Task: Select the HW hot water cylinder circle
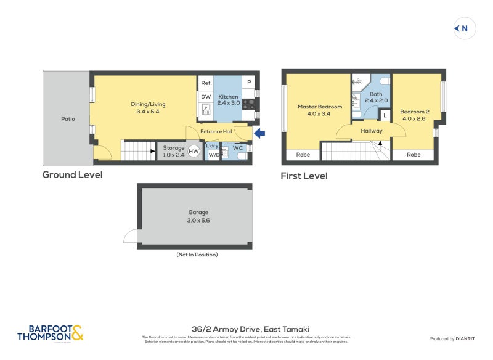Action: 194,151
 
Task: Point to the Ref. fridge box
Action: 206,83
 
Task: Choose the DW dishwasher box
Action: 206,96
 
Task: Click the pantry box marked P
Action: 250,83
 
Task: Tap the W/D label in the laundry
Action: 213,155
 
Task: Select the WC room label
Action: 238,148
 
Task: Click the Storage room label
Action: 173,148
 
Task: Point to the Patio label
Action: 68,118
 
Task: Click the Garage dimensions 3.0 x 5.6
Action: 199,220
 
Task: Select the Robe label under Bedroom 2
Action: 414,155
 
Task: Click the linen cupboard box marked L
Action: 385,115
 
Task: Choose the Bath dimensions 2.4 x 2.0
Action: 376,100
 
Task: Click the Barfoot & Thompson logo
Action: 50,333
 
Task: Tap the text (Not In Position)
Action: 197,255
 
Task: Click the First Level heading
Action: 304,176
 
